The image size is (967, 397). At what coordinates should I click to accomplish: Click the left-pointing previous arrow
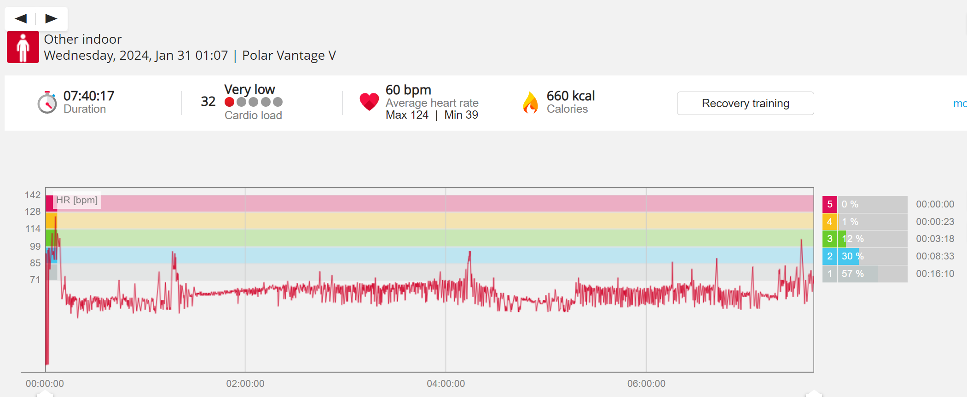click(21, 18)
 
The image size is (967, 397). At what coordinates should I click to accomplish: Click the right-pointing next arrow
click(51, 18)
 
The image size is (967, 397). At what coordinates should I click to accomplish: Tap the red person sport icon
click(23, 47)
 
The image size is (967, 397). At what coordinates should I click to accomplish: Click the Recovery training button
click(745, 104)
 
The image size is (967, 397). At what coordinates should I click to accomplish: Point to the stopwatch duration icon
click(47, 102)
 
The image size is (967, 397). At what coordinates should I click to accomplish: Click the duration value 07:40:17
click(88, 96)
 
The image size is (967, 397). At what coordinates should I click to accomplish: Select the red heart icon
click(369, 102)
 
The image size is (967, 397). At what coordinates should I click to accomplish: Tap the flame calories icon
click(530, 102)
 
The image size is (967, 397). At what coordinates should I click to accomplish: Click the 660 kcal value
click(570, 96)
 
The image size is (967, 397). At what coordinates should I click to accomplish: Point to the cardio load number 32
click(208, 101)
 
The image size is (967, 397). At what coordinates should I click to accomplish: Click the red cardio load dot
click(229, 102)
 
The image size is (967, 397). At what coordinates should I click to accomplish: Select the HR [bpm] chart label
click(77, 200)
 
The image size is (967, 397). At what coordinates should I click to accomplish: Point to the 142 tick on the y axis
click(33, 195)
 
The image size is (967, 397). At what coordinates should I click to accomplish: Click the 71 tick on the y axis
click(35, 280)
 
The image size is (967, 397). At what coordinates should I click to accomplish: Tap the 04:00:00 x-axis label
click(446, 384)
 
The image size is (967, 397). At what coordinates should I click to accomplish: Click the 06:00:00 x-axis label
click(646, 384)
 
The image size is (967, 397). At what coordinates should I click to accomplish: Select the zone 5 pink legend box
click(829, 204)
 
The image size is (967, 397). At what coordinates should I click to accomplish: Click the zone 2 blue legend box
click(829, 256)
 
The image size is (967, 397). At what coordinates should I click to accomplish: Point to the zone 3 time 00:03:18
click(935, 239)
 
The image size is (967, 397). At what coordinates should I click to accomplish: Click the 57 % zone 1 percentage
click(852, 274)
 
